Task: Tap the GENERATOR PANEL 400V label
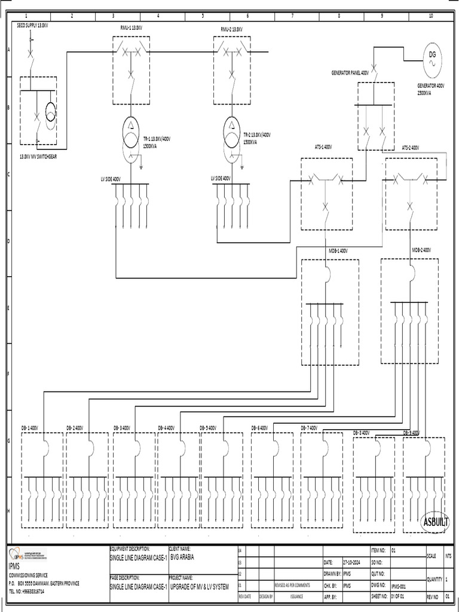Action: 350,72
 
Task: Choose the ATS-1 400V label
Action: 323,146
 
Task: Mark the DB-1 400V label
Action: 30,428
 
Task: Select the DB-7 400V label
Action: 313,428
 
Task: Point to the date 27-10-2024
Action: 351,562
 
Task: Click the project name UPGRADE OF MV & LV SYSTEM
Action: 200,588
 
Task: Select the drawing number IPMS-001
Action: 399,587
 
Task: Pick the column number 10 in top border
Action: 431,16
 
